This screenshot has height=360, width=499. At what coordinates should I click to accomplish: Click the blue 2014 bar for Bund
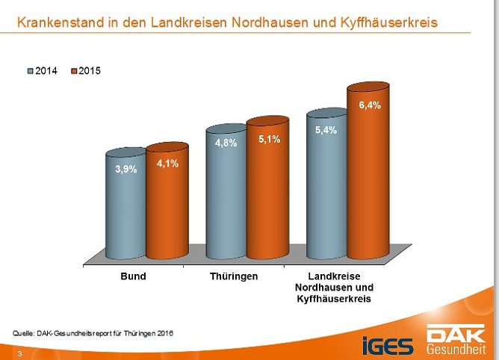(125, 209)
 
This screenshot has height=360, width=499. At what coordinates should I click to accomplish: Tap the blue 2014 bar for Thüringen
(226, 198)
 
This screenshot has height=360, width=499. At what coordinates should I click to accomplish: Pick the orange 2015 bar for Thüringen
(267, 194)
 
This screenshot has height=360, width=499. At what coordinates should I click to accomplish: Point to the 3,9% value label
(125, 170)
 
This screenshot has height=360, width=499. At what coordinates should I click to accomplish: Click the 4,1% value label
(167, 164)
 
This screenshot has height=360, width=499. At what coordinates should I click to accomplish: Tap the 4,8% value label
(226, 143)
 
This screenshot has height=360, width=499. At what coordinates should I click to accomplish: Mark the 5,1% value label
(268, 139)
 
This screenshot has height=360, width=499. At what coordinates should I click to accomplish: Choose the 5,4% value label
(326, 130)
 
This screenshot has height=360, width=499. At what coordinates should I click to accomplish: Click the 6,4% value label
(370, 105)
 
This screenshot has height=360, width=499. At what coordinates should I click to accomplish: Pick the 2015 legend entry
(84, 71)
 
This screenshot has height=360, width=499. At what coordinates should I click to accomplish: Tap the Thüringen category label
(234, 276)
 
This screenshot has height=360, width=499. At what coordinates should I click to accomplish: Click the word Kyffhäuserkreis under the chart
(334, 298)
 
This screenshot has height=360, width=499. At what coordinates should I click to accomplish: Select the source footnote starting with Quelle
(93, 332)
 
